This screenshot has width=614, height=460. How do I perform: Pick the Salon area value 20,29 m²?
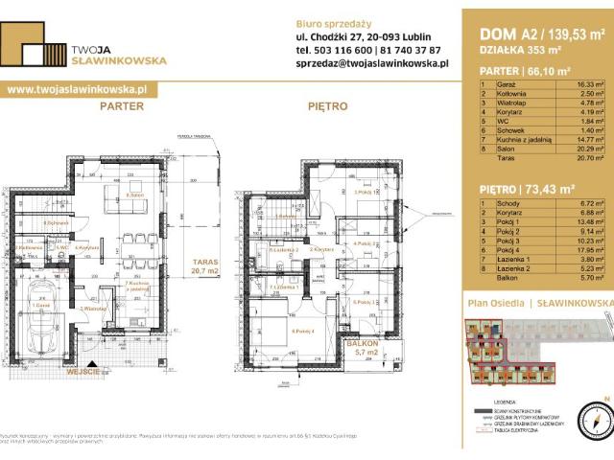(584, 149)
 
